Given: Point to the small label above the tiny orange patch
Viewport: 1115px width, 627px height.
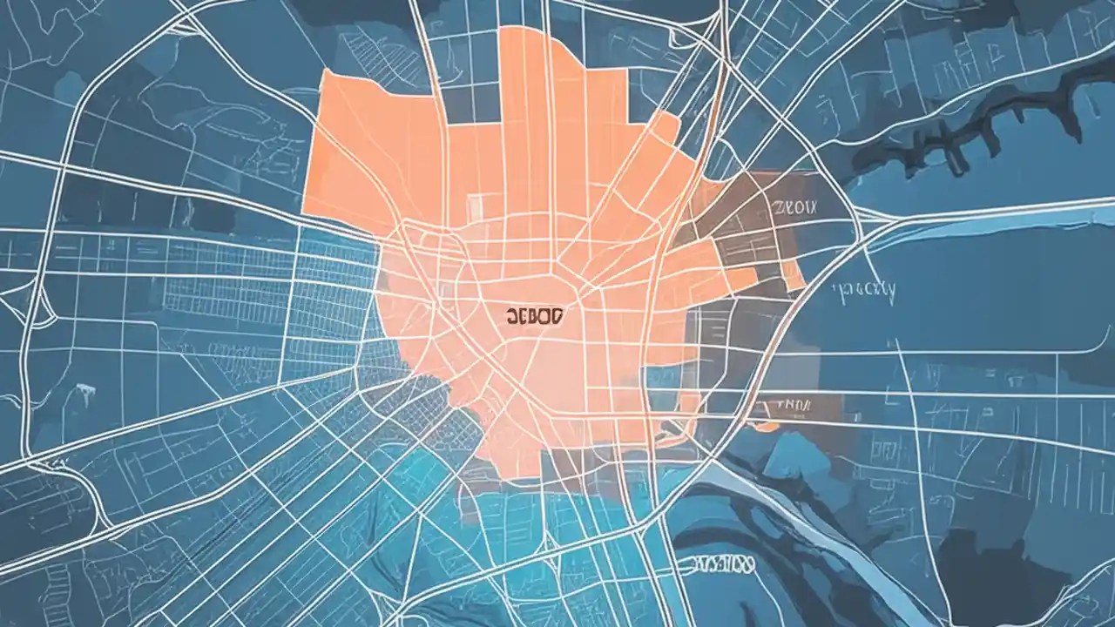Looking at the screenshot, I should [787, 404].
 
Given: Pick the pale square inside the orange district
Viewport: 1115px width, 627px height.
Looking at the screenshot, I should [476, 206].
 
